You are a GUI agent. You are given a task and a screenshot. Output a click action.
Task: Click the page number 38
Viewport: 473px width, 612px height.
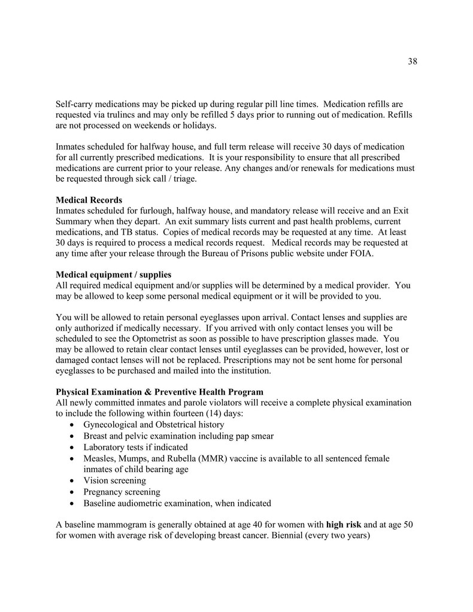(x=412, y=62)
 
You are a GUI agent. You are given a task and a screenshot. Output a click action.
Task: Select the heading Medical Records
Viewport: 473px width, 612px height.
(x=89, y=200)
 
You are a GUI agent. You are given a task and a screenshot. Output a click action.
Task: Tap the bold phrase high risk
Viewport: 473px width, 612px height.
(x=344, y=525)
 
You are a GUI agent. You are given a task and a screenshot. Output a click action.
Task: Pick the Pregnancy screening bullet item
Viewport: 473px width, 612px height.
(x=122, y=492)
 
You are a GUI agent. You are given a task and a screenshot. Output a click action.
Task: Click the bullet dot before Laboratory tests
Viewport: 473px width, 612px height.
(x=72, y=447)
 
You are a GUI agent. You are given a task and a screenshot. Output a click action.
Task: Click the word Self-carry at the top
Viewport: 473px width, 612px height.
(x=76, y=103)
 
